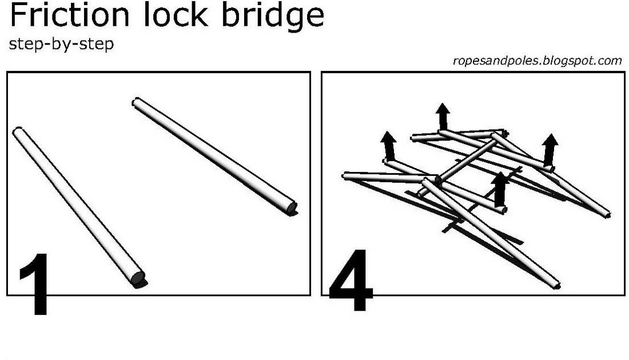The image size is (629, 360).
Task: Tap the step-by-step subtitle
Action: (61, 45)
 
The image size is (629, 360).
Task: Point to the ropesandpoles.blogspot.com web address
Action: (537, 61)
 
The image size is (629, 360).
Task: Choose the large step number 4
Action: (350, 280)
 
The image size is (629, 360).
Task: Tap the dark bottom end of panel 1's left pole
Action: (138, 279)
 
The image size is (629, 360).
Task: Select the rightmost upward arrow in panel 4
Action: (550, 149)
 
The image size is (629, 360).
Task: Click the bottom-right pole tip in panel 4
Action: (555, 285)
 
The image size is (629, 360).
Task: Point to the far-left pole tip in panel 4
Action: (345, 175)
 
